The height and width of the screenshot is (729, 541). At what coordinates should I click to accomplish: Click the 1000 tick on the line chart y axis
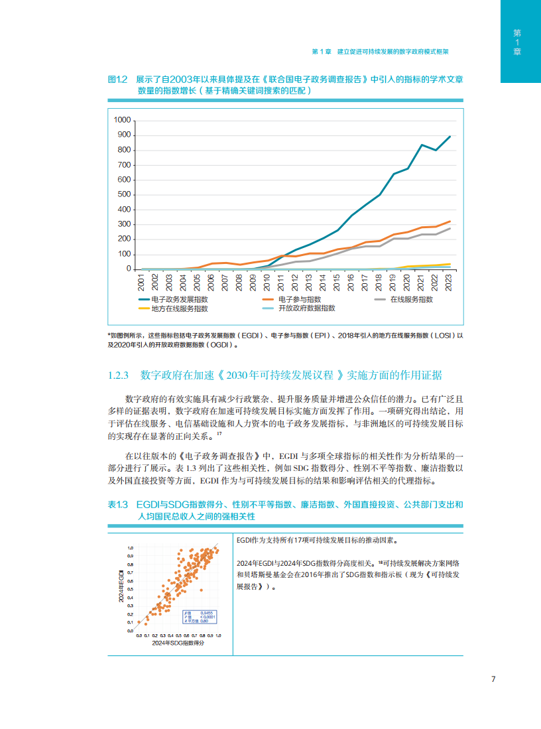[123, 120]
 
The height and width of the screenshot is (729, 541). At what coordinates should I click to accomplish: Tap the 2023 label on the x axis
[450, 282]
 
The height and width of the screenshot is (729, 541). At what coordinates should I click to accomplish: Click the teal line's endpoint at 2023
[450, 136]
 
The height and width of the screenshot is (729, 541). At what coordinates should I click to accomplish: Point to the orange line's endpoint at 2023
[450, 222]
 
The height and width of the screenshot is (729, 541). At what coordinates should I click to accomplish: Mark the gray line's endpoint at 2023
[450, 228]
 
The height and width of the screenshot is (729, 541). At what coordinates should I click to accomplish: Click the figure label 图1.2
[117, 79]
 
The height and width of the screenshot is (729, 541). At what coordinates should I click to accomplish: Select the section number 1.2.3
[121, 375]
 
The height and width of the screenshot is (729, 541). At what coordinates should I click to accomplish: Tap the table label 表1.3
[117, 505]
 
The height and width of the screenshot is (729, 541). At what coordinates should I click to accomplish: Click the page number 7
[493, 679]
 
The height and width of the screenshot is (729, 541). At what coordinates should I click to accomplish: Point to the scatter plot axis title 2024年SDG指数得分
[178, 643]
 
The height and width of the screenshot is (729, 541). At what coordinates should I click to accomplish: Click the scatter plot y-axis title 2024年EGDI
[121, 585]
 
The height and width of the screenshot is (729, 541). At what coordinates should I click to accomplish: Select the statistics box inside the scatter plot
[200, 616]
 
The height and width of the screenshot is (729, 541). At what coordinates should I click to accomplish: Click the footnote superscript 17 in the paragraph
[219, 434]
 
